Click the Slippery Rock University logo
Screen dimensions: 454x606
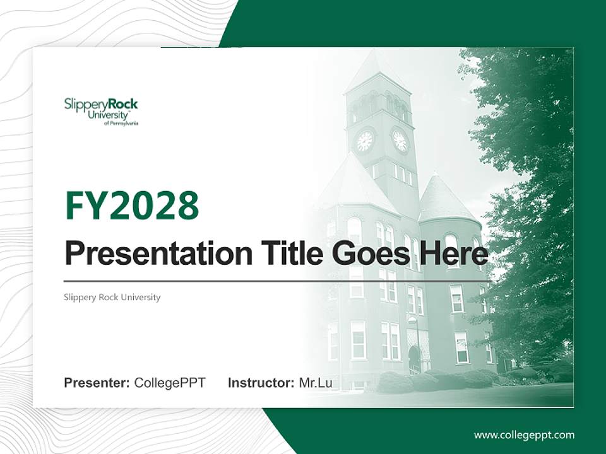point(101,112)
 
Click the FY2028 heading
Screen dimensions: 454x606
point(132,205)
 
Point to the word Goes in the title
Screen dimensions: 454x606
point(367,253)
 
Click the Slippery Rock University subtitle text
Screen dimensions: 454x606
point(112,297)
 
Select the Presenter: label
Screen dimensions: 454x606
point(97,383)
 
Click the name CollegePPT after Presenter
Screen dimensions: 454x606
point(170,383)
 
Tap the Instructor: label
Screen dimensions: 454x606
point(261,383)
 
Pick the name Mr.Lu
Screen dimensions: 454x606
point(316,383)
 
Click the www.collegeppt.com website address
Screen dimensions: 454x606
point(524,434)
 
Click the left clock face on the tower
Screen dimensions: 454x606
point(365,141)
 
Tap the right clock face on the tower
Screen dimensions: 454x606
point(400,141)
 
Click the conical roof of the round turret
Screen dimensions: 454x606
point(447,199)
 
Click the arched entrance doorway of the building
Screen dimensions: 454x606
point(414,359)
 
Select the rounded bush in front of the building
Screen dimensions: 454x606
point(395,382)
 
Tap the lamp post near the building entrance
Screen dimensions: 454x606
point(417,344)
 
